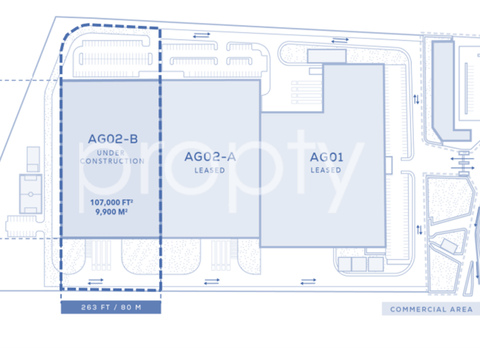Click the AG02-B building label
pyautogui.click(x=113, y=138)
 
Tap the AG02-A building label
pyautogui.click(x=210, y=157)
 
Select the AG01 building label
pyautogui.click(x=326, y=157)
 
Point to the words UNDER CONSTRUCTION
pyautogui.click(x=112, y=157)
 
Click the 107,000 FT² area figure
pyautogui.click(x=112, y=202)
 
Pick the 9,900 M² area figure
pyautogui.click(x=112, y=211)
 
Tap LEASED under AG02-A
pyautogui.click(x=210, y=170)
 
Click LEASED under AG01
pyautogui.click(x=326, y=170)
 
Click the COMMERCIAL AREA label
pyautogui.click(x=431, y=309)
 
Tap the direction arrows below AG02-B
pyautogui.click(x=95, y=281)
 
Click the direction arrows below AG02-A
pyautogui.click(x=211, y=281)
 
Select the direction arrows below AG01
pyautogui.click(x=308, y=281)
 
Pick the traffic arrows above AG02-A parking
pyautogui.click(x=201, y=35)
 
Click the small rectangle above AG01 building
pyautogui.click(x=326, y=56)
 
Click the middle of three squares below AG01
pyautogui.click(x=359, y=264)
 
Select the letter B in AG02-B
pyautogui.click(x=133, y=138)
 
